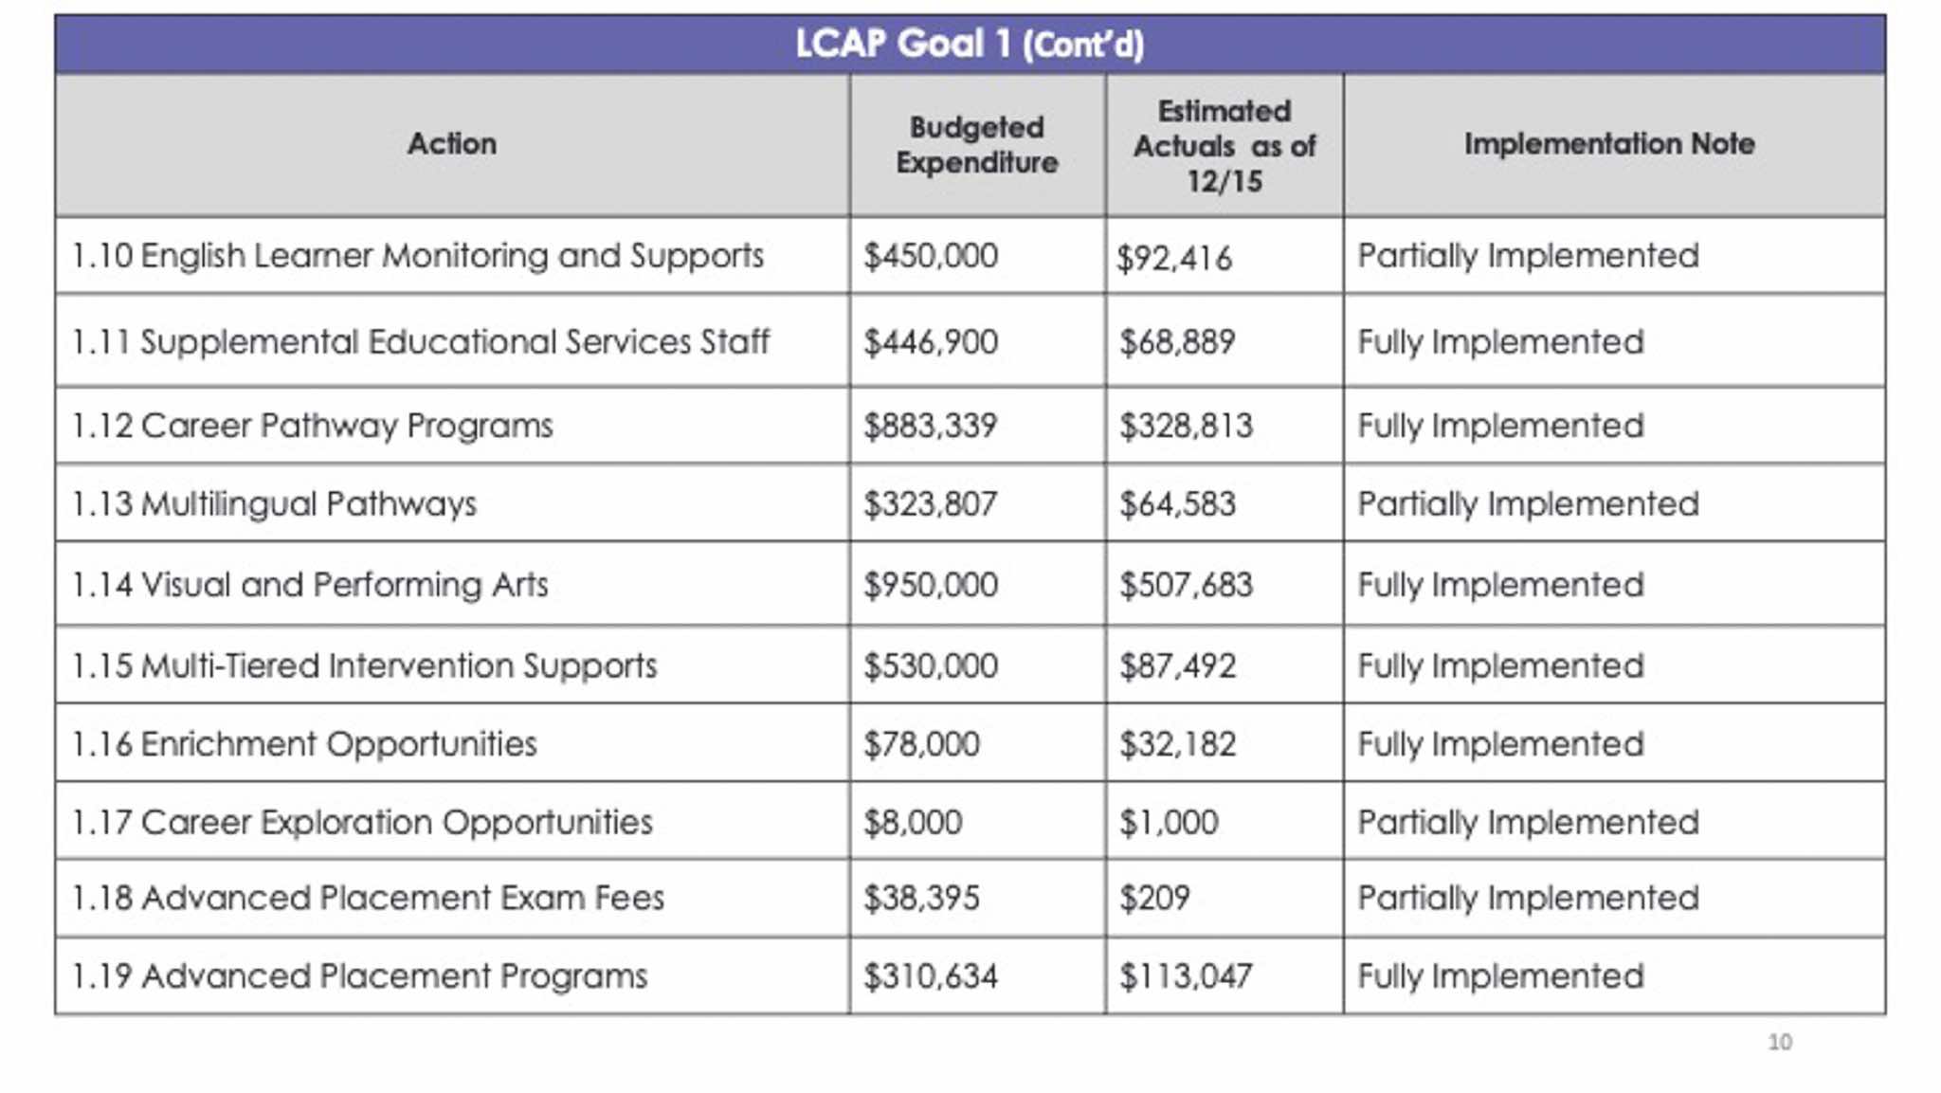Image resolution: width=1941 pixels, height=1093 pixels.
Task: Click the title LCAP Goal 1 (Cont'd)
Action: click(970, 44)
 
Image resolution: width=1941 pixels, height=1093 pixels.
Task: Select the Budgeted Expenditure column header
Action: click(977, 145)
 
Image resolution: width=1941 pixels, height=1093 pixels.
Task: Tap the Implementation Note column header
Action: click(1609, 144)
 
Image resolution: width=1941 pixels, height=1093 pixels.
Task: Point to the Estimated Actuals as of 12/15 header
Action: click(1224, 146)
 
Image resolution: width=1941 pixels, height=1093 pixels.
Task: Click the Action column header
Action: click(452, 144)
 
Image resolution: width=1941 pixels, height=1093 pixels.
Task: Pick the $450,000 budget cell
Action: click(931, 256)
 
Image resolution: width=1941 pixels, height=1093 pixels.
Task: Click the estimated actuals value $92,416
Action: click(1175, 258)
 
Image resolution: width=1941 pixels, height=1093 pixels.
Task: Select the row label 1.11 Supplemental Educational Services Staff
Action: click(421, 341)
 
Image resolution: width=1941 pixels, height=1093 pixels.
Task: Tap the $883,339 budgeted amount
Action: click(930, 426)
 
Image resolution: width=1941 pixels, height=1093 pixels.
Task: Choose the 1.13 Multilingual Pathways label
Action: click(275, 503)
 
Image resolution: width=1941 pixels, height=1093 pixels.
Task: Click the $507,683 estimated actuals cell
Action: click(1186, 585)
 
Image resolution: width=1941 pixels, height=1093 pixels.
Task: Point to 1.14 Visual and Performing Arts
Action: click(310, 585)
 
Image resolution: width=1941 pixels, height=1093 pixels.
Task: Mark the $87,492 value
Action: click(1178, 666)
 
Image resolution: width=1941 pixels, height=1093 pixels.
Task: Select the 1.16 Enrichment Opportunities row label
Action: click(304, 744)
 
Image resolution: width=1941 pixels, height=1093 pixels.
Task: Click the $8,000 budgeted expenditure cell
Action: click(913, 822)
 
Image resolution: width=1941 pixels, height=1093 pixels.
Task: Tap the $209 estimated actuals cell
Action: click(1154, 898)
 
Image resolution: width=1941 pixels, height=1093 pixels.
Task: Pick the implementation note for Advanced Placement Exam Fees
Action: click(1528, 898)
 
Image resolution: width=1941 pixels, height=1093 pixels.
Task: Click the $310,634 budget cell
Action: click(931, 976)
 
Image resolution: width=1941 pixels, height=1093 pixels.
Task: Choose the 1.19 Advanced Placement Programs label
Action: click(360, 976)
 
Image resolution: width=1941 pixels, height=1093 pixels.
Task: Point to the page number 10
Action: click(1780, 1042)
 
